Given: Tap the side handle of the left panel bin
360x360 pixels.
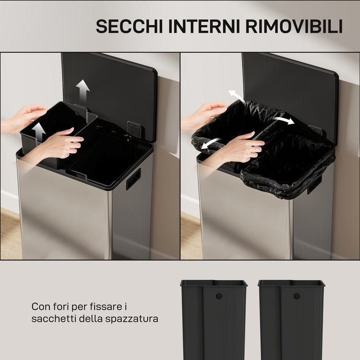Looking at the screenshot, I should click(133, 179).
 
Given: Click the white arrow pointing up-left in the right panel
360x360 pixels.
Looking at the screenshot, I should click(237, 96).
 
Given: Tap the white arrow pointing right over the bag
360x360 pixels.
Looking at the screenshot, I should click(283, 120).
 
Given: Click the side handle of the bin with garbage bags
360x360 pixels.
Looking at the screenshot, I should click(314, 184).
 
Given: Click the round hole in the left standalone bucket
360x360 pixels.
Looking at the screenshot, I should click(219, 296).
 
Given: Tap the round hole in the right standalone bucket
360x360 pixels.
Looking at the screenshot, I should click(296, 296).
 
